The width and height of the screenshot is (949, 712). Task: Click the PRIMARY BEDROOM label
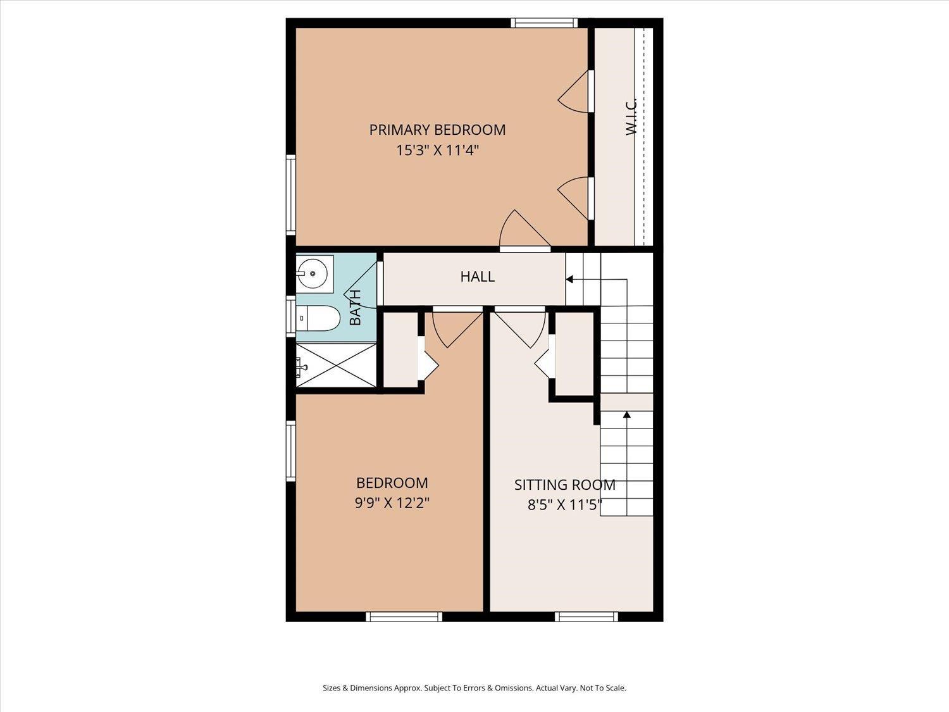coord(437,130)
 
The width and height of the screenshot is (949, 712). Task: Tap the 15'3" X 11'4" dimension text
coord(438,151)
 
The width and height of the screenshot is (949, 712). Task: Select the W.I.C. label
coord(631,116)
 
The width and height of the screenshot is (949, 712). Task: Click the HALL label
coord(477,277)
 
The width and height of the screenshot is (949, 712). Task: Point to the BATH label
coord(355,308)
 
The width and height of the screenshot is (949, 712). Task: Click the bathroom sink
coord(314,274)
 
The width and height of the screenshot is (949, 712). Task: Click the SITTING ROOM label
coord(564,485)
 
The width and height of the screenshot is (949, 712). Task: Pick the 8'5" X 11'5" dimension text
coord(564,504)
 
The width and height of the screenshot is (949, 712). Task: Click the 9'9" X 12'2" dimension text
coord(392,503)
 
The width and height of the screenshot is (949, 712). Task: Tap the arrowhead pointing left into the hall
coord(569,279)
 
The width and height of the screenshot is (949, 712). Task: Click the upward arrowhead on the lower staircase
coord(627,415)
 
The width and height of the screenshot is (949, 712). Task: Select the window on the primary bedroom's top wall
coord(544,23)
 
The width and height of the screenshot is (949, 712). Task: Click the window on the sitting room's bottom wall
coord(586,617)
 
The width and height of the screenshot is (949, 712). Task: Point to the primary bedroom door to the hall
coord(525,230)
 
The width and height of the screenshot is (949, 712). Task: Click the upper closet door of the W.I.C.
coord(575,92)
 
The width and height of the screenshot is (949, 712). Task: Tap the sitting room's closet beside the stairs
coord(574,354)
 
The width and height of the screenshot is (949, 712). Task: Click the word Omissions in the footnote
coord(516,688)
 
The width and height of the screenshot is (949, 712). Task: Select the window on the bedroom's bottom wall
coord(404,617)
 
